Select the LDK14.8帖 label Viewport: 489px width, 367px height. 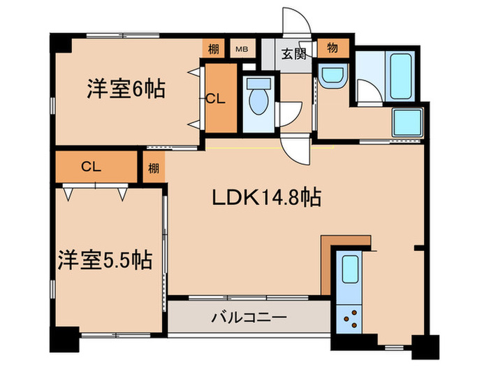click(x=266, y=199)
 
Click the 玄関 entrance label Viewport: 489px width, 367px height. click(x=293, y=53)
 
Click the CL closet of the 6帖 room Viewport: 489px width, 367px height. click(x=216, y=99)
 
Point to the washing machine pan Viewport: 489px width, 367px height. click(x=408, y=124)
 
